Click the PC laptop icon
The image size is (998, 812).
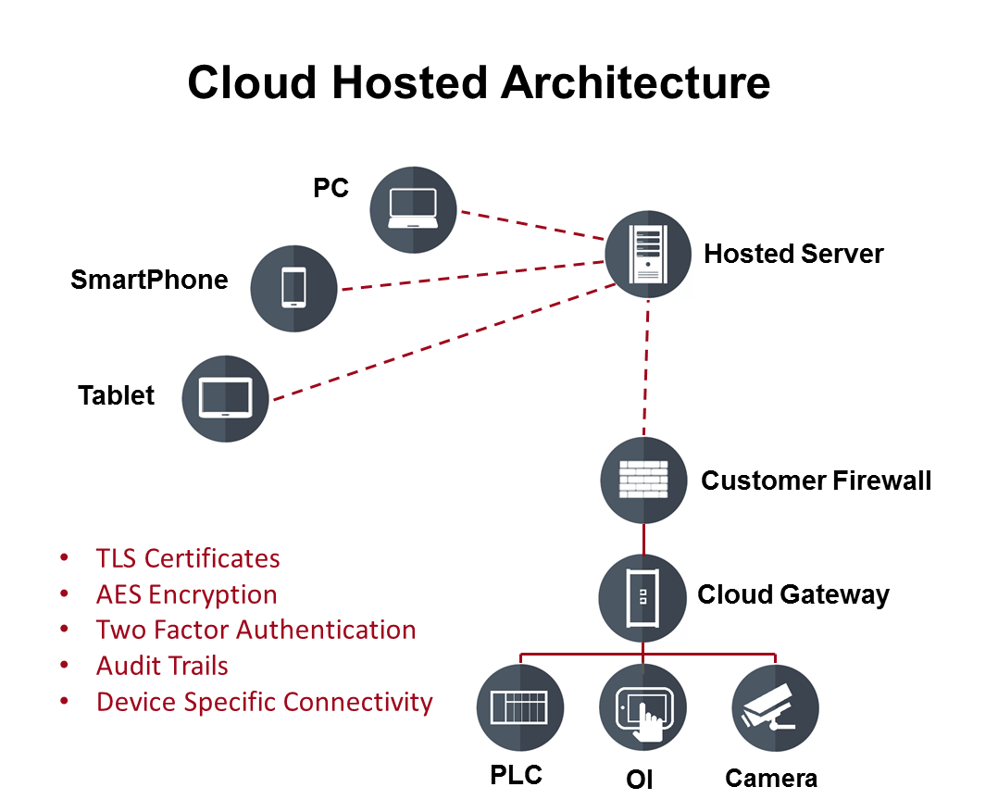[413, 209]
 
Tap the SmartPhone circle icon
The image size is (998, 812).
[293, 288]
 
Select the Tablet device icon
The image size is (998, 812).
[225, 398]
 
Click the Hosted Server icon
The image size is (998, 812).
[648, 254]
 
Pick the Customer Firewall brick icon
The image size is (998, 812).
[643, 480]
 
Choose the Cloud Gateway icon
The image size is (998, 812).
[642, 597]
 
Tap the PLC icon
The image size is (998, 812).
[520, 707]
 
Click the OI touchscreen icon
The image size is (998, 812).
[642, 707]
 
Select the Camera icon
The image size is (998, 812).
[775, 707]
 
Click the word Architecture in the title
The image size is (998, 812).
[635, 82]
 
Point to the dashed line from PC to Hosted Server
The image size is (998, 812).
[532, 225]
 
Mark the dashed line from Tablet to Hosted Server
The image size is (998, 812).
[444, 342]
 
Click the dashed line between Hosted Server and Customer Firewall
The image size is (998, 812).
[646, 368]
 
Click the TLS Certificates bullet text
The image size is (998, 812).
[188, 558]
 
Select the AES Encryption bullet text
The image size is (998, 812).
[186, 595]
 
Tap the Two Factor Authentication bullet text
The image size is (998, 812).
[256, 630]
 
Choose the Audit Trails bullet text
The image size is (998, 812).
[162, 666]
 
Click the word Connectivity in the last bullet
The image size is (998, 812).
[357, 703]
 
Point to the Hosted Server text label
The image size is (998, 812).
[793, 254]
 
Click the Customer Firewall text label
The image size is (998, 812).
[816, 481]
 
